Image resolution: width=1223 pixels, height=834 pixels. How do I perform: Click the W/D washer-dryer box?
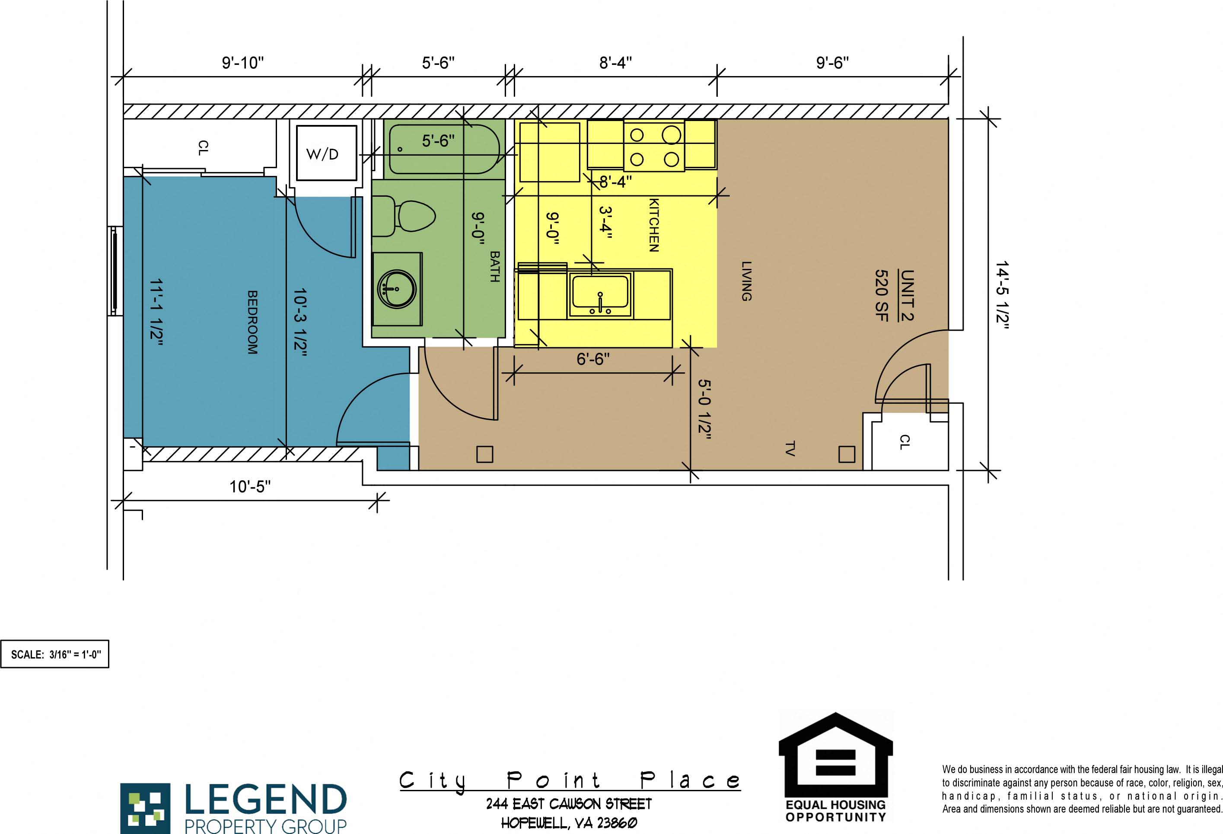[326, 153]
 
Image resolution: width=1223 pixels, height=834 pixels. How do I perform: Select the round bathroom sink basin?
[397, 289]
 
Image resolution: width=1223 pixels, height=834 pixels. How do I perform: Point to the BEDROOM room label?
[253, 322]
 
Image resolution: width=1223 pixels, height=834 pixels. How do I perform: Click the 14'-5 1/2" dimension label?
[1002, 295]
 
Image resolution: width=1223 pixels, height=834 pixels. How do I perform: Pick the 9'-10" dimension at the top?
[242, 63]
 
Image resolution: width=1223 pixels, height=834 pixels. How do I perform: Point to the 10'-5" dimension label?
[250, 486]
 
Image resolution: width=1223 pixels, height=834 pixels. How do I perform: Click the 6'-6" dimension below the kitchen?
[593, 359]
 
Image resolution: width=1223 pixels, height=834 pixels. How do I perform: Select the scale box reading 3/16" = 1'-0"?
[55, 655]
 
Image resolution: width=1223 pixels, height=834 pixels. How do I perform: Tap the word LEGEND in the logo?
[266, 799]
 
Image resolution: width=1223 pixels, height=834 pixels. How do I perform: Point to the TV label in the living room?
[790, 449]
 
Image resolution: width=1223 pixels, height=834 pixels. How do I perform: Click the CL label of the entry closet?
[904, 442]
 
